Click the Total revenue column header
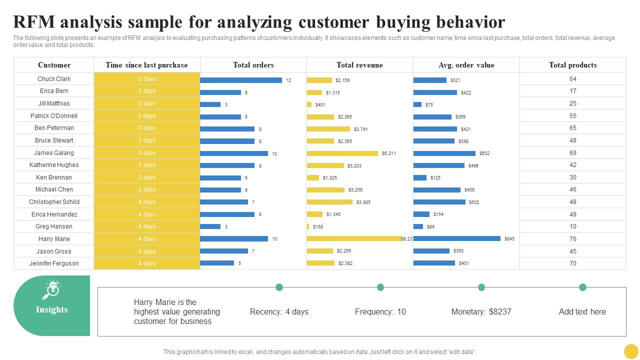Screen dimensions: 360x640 pyautogui.click(x=359, y=65)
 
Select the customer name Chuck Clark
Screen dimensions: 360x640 pyautogui.click(x=54, y=79)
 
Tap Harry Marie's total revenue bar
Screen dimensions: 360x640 pyautogui.click(x=354, y=239)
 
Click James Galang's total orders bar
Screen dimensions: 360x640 pyautogui.click(x=234, y=153)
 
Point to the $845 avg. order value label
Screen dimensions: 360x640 pyautogui.click(x=509, y=239)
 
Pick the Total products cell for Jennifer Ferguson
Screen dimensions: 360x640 pyautogui.click(x=572, y=263)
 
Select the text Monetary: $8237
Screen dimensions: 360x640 pyautogui.click(x=481, y=312)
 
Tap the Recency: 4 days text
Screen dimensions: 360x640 pyautogui.click(x=279, y=312)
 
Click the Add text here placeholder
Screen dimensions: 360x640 pyautogui.click(x=582, y=312)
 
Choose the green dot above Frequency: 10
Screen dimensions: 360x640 pyautogui.click(x=380, y=287)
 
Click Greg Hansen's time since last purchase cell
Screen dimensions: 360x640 pyautogui.click(x=147, y=226)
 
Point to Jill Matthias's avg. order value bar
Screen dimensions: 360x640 pyautogui.click(x=417, y=104)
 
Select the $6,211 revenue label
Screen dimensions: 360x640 pyautogui.click(x=388, y=153)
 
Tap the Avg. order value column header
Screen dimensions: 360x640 pyautogui.click(x=466, y=65)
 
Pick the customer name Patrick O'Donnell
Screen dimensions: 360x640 pyautogui.click(x=54, y=116)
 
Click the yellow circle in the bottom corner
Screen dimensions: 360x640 pyautogui.click(x=631, y=351)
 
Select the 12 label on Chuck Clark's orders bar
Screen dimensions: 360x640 pyautogui.click(x=288, y=80)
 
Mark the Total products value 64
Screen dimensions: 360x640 pyautogui.click(x=572, y=79)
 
